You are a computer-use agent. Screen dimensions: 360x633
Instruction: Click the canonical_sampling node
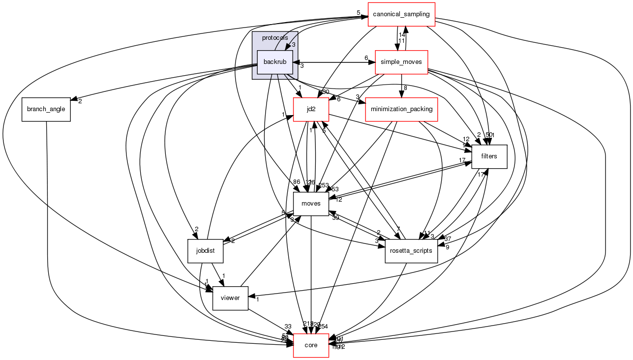pos(402,14)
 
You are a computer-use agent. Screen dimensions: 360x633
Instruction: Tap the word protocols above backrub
pos(275,38)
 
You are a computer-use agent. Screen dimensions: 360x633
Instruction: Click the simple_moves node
pos(401,62)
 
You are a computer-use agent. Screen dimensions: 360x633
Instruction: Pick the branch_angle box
pos(46,109)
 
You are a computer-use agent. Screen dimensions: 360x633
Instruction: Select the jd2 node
pos(311,109)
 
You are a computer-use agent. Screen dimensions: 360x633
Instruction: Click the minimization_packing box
pos(401,109)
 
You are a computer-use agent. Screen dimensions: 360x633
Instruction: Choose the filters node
pos(489,156)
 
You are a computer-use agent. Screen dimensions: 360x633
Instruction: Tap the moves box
pos(311,204)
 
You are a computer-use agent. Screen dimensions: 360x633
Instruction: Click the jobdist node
pos(206,251)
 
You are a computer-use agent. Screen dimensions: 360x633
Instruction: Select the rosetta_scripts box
pos(411,251)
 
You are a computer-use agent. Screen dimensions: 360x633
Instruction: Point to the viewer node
pos(230,298)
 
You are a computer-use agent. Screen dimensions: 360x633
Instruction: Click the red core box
pos(311,345)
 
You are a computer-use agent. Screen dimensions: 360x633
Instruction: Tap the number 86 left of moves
pos(297,182)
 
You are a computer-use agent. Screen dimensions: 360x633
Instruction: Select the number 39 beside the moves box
pos(335,218)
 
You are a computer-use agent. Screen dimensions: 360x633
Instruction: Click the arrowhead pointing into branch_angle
pos(73,100)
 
